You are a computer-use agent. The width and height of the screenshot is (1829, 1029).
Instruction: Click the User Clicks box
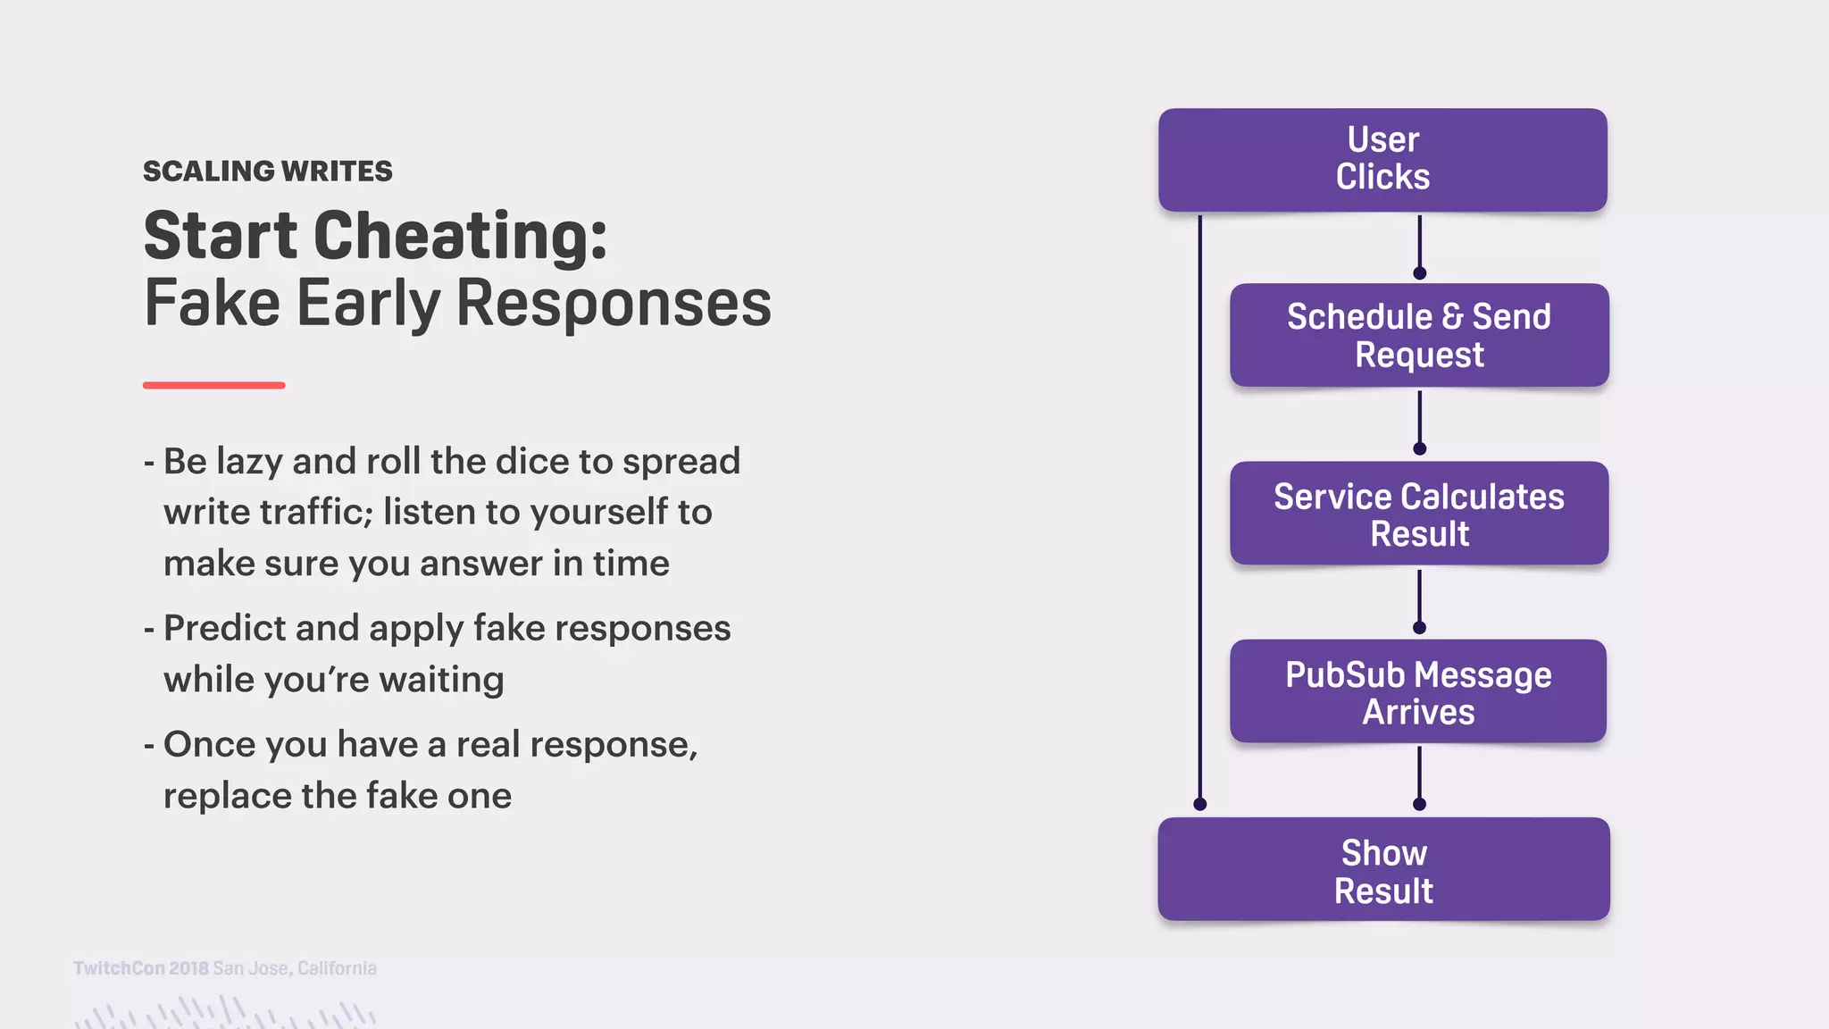point(1382,159)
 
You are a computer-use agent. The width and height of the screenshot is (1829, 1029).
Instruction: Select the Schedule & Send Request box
point(1418,335)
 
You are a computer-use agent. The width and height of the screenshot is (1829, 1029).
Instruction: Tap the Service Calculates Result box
point(1418,514)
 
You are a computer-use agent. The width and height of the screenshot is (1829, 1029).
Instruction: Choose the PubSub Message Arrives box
point(1418,691)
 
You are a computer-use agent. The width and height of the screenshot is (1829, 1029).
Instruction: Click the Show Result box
point(1382,870)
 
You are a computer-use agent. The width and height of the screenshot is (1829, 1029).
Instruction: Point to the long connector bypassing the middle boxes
point(1199,509)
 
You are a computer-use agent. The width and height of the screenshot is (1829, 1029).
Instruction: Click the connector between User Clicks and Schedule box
point(1419,243)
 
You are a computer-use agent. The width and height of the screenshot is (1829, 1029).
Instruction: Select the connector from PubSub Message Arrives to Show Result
point(1419,775)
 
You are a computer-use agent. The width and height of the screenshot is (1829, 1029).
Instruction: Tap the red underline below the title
point(213,385)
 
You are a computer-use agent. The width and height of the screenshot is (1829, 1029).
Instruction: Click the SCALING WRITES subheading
point(267,171)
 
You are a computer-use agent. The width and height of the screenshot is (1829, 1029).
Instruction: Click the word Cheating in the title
point(460,236)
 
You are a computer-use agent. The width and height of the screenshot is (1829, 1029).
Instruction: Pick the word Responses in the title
point(614,304)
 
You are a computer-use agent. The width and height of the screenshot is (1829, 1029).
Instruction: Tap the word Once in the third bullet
point(202,744)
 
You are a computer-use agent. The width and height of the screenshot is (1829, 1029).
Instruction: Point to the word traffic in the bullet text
point(316,512)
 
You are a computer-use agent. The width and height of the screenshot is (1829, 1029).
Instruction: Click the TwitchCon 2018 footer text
point(141,968)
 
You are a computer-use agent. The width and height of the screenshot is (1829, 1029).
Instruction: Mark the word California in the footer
point(337,968)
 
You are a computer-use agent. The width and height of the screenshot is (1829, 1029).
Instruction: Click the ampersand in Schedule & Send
point(1452,317)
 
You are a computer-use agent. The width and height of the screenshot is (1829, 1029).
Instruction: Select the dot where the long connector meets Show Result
point(1199,804)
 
